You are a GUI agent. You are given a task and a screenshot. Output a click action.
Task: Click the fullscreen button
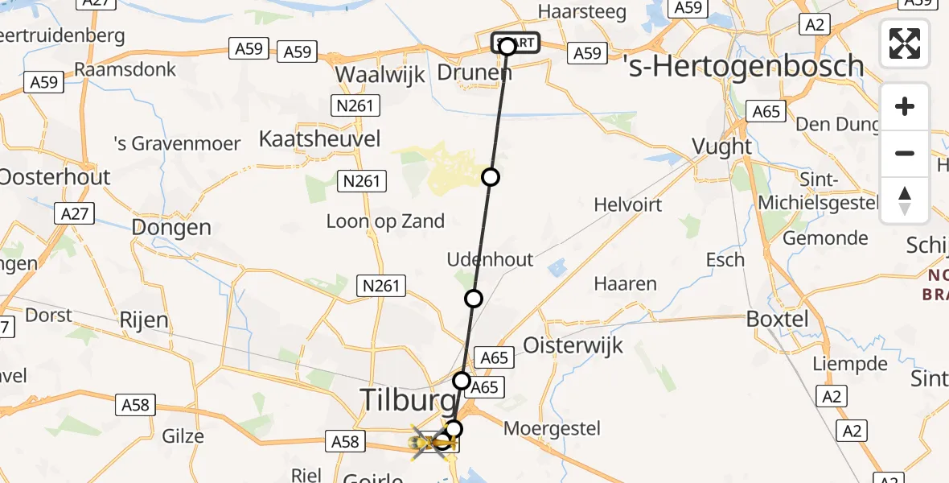pos(905,43)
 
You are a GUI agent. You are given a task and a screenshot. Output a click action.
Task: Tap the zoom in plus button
pos(905,107)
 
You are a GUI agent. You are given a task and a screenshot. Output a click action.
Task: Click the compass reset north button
pos(905,200)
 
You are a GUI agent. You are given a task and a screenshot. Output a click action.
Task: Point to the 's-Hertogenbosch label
pos(744,66)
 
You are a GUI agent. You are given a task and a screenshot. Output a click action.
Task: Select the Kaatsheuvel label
pos(319,138)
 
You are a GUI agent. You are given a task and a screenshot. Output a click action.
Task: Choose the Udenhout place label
pos(491,259)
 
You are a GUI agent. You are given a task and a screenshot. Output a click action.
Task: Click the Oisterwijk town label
pos(573,345)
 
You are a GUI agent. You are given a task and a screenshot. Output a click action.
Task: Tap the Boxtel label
pos(777,318)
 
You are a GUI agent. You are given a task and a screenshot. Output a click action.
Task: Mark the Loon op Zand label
pos(385,221)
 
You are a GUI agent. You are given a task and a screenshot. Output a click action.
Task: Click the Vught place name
pos(721,147)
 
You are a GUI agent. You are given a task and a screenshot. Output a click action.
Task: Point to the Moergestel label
pos(552,427)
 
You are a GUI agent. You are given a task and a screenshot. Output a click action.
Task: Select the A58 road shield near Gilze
pos(135,405)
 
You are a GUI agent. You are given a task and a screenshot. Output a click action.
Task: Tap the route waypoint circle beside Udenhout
pos(474,299)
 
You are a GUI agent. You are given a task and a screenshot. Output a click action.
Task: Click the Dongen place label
pos(171,228)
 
